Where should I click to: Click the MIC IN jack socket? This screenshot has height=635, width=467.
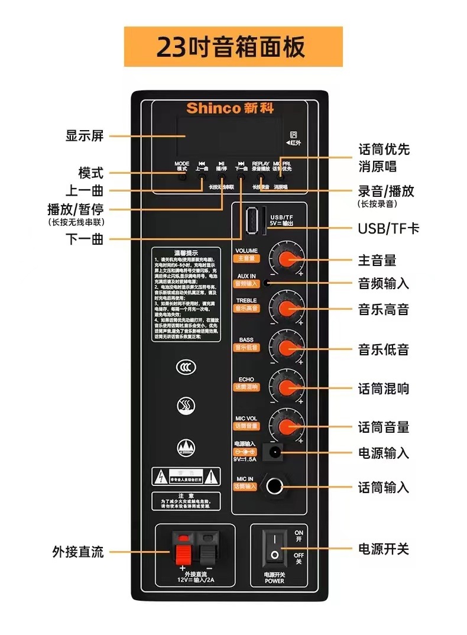pyautogui.click(x=274, y=487)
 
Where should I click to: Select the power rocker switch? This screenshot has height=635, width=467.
pyautogui.click(x=274, y=547)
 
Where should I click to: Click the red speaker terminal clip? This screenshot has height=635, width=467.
pyautogui.click(x=184, y=549)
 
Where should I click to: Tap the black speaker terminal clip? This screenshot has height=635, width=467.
pyautogui.click(x=207, y=549)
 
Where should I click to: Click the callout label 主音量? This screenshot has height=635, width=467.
pyautogui.click(x=377, y=260)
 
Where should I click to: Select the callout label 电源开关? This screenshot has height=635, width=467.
pyautogui.click(x=383, y=549)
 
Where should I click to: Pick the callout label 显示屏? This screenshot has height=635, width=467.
pyautogui.click(x=84, y=135)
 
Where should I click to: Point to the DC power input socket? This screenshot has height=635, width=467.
pyautogui.click(x=274, y=453)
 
